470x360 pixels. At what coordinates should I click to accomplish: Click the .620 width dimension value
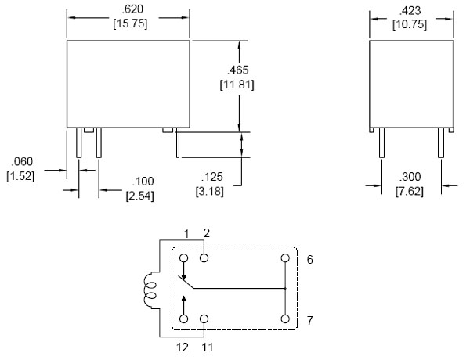click(x=128, y=9)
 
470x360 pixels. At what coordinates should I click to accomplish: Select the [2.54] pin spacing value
click(x=140, y=196)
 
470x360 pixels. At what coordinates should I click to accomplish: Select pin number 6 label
click(x=310, y=258)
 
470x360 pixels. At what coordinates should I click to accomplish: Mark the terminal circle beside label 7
click(x=285, y=319)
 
